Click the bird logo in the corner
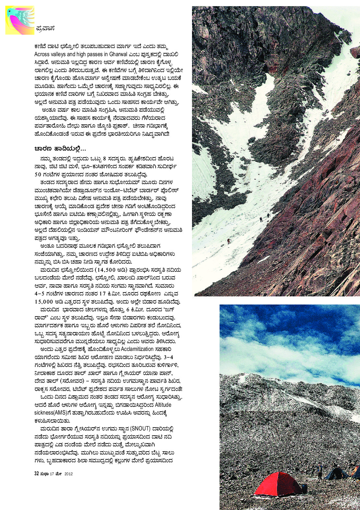[19, 20]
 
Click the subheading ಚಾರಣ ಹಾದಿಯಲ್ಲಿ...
[60, 148]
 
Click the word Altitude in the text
[163, 405]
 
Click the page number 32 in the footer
[37, 474]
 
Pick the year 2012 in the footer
[68, 474]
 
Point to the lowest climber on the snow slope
[229, 241]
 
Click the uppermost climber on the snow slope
[269, 215]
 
